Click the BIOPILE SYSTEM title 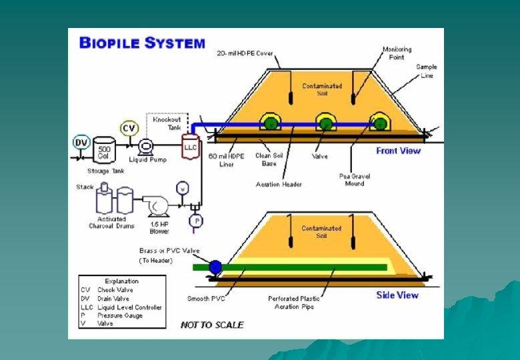pos(142,43)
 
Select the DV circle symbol pos(81,143)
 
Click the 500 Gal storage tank pos(104,151)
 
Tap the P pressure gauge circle pos(195,221)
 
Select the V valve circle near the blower pos(181,188)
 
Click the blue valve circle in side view pos(215,267)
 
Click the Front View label pos(398,151)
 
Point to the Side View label pos(397,295)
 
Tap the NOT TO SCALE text pos(212,325)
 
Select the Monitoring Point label pos(397,53)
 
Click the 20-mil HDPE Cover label pos(245,53)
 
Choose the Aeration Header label pos(279,184)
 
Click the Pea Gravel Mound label pos(354,180)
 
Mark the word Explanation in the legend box pos(122,281)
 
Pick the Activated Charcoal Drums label pos(111,223)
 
